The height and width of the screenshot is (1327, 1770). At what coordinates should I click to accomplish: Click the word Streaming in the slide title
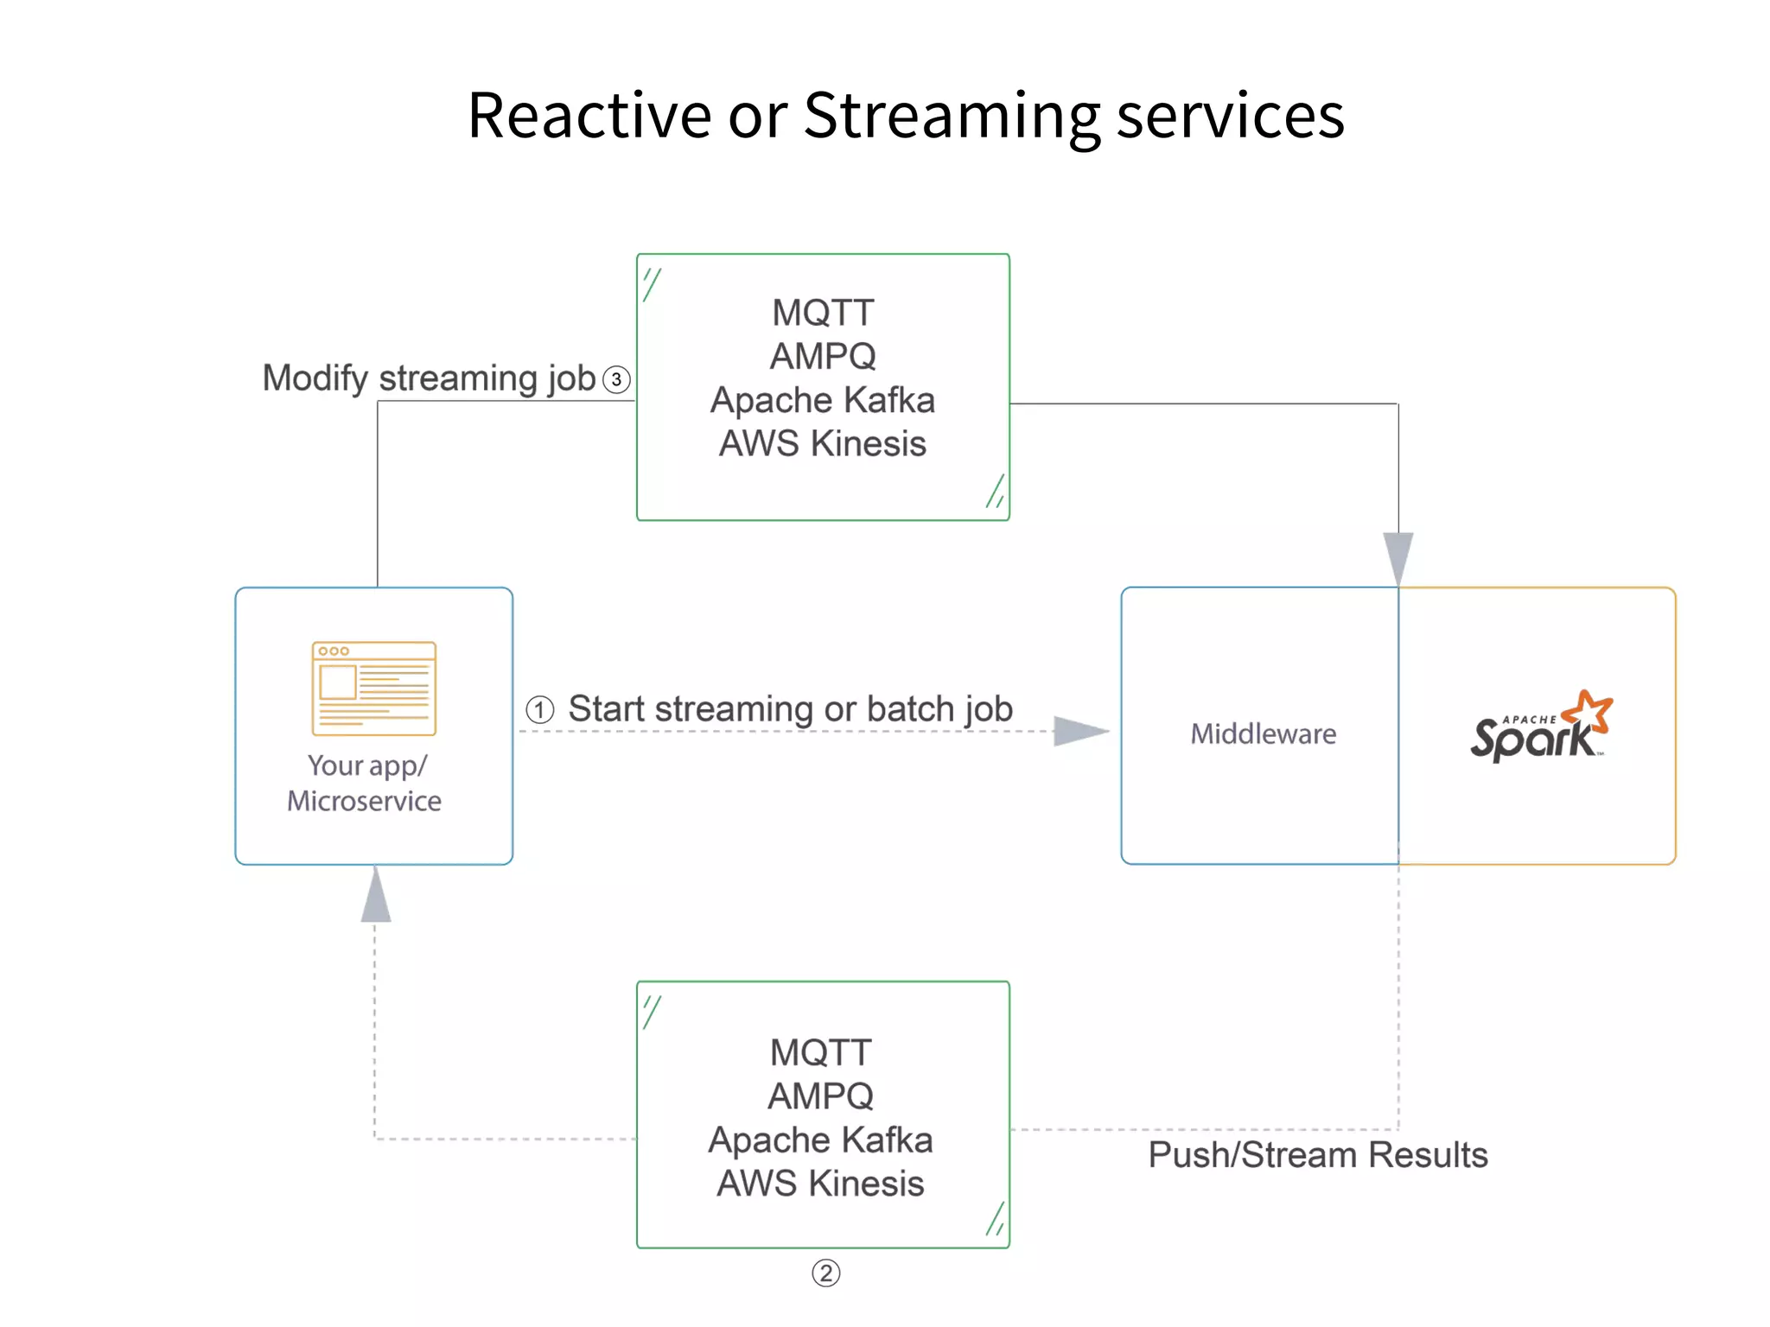951,117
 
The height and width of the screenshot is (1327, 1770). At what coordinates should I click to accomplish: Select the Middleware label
1263,733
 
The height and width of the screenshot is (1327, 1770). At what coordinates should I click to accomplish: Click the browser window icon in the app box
373,689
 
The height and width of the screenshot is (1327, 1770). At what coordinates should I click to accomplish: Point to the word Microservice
364,801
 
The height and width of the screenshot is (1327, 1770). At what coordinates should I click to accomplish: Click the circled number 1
540,710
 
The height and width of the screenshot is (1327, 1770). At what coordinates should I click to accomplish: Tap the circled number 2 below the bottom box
825,1273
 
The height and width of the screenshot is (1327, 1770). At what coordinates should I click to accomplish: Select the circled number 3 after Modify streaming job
616,379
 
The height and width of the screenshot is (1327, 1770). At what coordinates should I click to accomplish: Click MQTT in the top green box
823,313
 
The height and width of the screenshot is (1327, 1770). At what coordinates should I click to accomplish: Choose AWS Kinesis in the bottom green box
820,1183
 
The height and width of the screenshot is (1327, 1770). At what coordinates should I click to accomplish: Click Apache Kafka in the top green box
823,400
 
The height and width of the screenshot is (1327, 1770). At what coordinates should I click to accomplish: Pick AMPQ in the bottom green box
820,1095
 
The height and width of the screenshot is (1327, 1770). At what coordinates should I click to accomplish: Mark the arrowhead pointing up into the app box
375,897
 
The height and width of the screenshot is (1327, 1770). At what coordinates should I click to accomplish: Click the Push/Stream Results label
1317,1155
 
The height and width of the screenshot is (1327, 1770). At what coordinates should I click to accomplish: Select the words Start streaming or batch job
790,709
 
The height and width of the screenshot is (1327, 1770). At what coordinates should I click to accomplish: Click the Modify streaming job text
429,378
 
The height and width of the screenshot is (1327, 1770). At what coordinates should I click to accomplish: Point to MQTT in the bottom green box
820,1052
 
